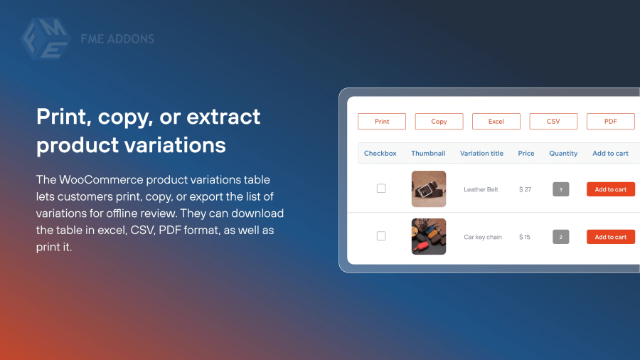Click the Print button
[x=382, y=121]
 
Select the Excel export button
[x=496, y=121]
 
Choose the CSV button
[x=553, y=121]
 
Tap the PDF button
[x=611, y=121]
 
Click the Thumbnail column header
[x=428, y=154]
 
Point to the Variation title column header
[x=481, y=154]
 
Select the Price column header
[x=526, y=154]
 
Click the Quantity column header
[x=563, y=154]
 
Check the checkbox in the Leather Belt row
[x=381, y=188]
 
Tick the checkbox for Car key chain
[x=381, y=236]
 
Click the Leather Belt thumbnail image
[x=429, y=189]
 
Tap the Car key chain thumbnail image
[x=429, y=236]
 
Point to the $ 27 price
[x=525, y=189]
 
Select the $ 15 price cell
[x=525, y=237]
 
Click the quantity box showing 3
[x=561, y=189]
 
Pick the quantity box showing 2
[x=561, y=237]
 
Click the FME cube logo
[x=46, y=38]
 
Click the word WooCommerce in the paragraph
[x=101, y=179]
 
